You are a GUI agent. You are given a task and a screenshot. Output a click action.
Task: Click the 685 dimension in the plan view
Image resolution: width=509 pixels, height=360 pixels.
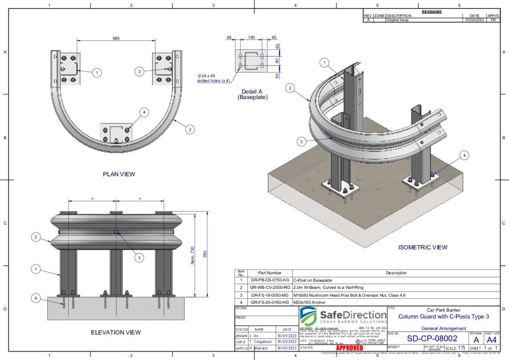coord(116,38)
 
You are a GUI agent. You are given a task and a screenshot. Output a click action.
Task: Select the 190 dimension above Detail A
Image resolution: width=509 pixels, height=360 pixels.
coord(252,37)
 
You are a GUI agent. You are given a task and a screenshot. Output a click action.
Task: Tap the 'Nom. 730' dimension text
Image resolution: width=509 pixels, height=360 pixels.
coord(193,256)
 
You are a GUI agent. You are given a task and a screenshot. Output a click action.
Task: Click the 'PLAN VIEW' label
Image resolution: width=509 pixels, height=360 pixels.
coord(119,174)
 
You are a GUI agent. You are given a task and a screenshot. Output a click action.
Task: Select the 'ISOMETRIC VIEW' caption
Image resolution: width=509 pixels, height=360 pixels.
coord(423,247)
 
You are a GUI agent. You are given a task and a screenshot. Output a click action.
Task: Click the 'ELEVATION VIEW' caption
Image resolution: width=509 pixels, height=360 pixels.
coord(116,332)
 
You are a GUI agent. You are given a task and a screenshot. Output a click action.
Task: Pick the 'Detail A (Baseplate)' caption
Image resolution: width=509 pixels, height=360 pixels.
coord(252,94)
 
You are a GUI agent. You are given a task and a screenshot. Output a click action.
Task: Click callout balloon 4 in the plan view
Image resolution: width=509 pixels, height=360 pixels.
coord(144,112)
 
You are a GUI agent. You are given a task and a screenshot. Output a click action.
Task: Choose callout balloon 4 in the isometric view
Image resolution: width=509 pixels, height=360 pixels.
coord(464,156)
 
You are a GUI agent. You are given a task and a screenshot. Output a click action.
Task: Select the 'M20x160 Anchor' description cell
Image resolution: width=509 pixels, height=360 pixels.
coord(309,301)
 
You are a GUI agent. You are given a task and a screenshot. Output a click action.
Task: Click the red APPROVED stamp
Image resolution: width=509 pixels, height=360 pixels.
coord(336,348)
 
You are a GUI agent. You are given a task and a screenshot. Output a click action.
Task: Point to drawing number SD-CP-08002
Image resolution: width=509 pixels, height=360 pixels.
coord(427,338)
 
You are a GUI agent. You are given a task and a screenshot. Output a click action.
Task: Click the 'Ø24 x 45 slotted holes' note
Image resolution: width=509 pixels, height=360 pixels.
coord(213,78)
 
